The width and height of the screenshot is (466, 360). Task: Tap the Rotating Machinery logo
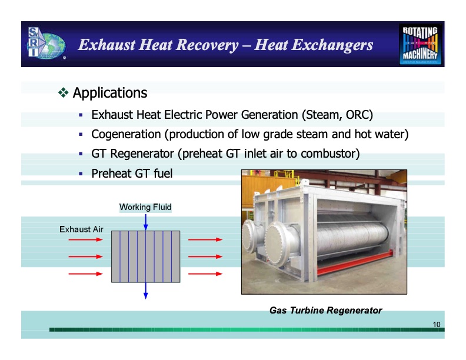[x=420, y=45]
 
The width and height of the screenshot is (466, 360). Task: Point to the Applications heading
[x=109, y=93]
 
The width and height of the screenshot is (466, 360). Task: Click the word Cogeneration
[x=128, y=135]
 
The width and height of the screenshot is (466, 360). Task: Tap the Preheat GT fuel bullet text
[x=132, y=174]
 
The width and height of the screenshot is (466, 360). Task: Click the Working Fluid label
[x=145, y=207]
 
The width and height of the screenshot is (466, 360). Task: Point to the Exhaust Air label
[x=81, y=229]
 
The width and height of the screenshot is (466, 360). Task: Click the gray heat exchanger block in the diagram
[x=145, y=256]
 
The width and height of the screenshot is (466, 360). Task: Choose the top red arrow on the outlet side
[x=205, y=240]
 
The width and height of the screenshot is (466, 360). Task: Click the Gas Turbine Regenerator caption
[x=325, y=310]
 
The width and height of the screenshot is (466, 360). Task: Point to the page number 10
[x=437, y=325]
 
